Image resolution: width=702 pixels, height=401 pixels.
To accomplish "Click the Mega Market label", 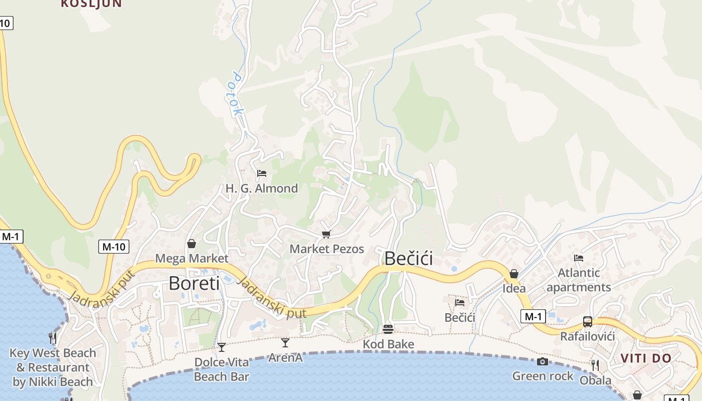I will coord(192,259).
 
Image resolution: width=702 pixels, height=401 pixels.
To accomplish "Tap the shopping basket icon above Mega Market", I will coord(191,244).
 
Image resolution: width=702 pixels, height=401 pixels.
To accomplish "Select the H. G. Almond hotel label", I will coord(261,188).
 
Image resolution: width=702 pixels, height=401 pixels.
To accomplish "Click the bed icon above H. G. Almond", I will coord(261,173).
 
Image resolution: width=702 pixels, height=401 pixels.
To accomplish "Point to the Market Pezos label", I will coord(326,249).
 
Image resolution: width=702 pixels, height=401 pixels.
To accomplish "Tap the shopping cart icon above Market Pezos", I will coord(326,234).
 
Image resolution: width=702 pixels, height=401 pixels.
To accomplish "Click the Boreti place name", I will coord(194,284).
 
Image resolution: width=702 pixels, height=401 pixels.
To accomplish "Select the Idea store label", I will coord(514,288).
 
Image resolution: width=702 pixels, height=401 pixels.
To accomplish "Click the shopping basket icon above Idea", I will coord(513,274).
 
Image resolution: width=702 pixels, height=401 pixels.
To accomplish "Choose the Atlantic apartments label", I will coord(579,280).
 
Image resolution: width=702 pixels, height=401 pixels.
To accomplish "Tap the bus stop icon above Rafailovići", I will coord(587,321).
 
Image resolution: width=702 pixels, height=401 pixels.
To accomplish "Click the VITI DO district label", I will coord(646,358).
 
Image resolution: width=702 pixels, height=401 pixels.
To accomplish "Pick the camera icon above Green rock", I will coord(542,361).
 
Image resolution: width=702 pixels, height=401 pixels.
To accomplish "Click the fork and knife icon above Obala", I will coord(595,365).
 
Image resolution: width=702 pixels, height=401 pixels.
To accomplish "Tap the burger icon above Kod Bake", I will coord(388,329).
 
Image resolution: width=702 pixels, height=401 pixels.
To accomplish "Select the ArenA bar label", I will coord(285,358).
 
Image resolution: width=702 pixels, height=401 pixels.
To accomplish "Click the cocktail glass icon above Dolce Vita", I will coord(221,347).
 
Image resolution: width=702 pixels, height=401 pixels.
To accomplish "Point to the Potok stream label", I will coord(235,94).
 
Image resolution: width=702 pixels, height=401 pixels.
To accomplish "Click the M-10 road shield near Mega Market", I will coord(113,246).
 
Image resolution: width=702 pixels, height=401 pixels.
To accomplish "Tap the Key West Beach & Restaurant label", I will coord(53,367).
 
